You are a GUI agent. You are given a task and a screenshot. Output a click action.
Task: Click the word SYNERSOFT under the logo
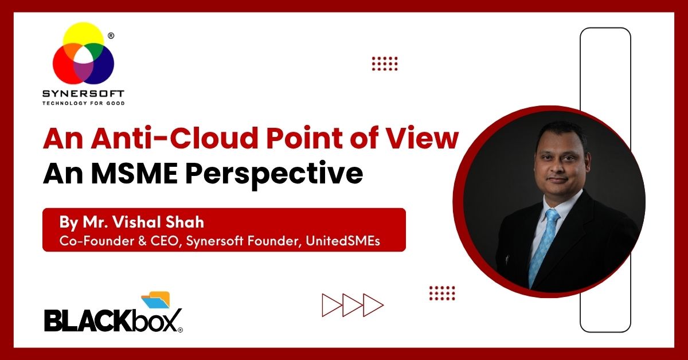pyautogui.click(x=83, y=93)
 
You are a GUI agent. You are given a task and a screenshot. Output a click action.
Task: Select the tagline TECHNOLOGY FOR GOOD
pyautogui.click(x=83, y=103)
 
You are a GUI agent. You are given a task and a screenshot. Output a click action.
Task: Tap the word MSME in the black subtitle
pyautogui.click(x=134, y=174)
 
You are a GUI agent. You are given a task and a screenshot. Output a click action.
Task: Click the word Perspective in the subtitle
pyautogui.click(x=274, y=175)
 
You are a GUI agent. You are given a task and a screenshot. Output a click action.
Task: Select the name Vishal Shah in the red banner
pyautogui.click(x=158, y=222)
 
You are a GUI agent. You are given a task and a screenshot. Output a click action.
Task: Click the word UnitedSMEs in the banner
pyautogui.click(x=343, y=241)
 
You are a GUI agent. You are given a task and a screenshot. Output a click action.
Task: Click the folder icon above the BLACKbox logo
pyautogui.click(x=156, y=299)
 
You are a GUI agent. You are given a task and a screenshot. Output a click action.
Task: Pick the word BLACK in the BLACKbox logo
pyautogui.click(x=89, y=320)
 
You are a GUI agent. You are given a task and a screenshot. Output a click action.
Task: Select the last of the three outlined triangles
pyautogui.click(x=372, y=305)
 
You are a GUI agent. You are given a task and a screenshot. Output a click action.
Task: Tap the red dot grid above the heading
pyautogui.click(x=385, y=64)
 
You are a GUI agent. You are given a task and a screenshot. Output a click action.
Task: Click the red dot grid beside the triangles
pyautogui.click(x=442, y=293)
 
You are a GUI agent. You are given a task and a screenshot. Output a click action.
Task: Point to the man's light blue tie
pyautogui.click(x=544, y=246)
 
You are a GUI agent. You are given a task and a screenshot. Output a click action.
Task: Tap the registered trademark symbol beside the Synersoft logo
pyautogui.click(x=111, y=36)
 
